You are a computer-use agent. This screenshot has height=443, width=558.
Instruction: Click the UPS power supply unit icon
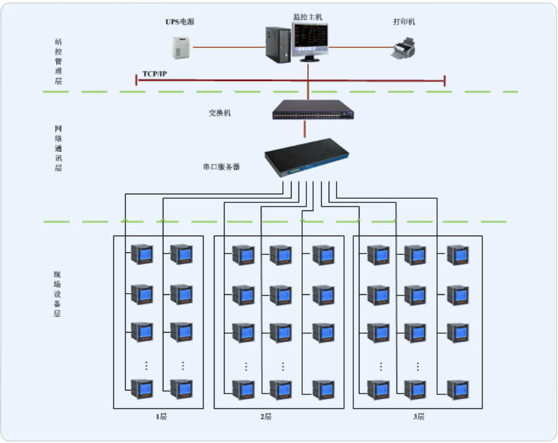(181, 47)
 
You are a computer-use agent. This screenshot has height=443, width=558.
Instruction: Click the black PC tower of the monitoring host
(278, 44)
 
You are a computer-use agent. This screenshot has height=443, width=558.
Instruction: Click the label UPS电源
(180, 22)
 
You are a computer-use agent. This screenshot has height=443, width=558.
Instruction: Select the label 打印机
(404, 22)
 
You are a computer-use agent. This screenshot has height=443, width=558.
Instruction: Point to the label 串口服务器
(221, 167)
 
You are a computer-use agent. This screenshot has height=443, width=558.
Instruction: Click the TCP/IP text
(155, 74)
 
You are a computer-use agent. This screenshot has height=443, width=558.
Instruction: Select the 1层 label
(161, 417)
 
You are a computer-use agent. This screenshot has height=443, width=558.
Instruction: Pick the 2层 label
(265, 417)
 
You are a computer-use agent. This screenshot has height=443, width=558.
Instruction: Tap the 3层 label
(419, 417)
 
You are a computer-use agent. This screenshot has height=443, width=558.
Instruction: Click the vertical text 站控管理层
(59, 62)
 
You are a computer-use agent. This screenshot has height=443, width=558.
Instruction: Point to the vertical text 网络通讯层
(59, 148)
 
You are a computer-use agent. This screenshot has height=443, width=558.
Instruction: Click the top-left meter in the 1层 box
(142, 255)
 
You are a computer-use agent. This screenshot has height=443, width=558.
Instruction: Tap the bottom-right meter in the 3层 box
(457, 389)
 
